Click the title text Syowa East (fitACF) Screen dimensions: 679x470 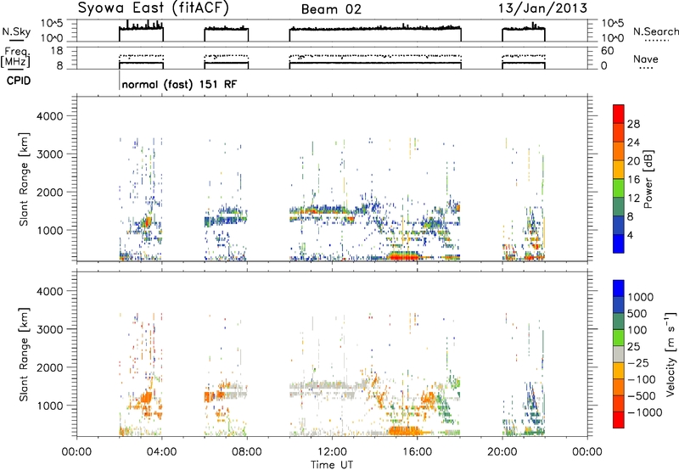[153, 8]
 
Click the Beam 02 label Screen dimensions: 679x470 [331, 9]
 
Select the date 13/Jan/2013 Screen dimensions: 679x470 [542, 8]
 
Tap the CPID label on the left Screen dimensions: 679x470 [19, 81]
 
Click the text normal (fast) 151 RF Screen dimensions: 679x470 [179, 84]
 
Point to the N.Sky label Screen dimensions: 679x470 [16, 31]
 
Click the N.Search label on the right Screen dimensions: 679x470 [655, 31]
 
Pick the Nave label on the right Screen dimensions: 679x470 [645, 59]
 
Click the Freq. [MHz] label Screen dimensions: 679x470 [15, 58]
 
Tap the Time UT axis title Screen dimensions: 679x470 [332, 465]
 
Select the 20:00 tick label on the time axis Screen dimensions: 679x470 [502, 452]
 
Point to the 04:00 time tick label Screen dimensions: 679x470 [162, 452]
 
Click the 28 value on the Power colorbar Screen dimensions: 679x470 [633, 125]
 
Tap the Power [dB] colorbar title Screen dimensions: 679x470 [648, 179]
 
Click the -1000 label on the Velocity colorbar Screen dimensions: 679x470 [645, 412]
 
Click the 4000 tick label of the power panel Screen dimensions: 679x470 [50, 116]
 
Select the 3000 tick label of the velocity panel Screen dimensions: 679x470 [50, 329]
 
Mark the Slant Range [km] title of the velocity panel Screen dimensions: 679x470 [24, 355]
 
